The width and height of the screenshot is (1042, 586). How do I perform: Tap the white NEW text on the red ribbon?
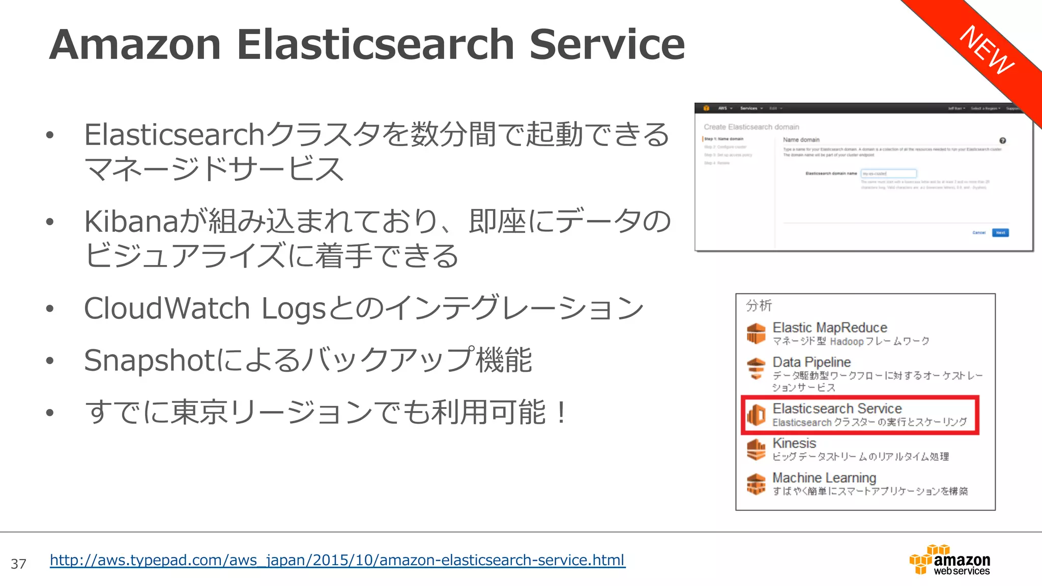[x=987, y=50]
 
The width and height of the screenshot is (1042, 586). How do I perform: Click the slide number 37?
[x=18, y=564]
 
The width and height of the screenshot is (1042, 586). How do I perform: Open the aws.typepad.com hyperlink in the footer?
[x=337, y=560]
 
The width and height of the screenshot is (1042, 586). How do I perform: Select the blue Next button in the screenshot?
[x=1000, y=232]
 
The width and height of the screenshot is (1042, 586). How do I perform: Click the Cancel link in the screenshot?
[x=979, y=232]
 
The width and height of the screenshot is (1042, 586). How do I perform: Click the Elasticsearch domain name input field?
[x=888, y=173]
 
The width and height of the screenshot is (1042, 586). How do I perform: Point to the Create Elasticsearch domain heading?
[x=751, y=127]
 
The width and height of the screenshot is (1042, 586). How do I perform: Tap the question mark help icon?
[x=1002, y=140]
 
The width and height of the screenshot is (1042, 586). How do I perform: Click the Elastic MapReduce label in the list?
[x=829, y=328]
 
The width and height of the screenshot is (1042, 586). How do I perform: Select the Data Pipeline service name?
[x=812, y=362]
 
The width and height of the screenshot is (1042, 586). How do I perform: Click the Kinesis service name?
[x=794, y=443]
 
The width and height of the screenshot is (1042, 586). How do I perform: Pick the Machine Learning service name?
[x=824, y=478]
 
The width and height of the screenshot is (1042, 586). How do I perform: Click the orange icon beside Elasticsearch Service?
[x=756, y=415]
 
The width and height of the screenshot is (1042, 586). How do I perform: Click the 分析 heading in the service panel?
[x=759, y=305]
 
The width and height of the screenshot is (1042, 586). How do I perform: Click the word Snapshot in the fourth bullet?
[x=150, y=360]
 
